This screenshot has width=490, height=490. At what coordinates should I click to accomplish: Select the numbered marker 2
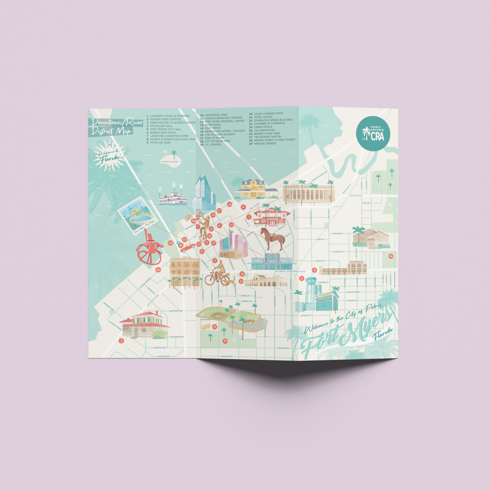(x=122, y=341)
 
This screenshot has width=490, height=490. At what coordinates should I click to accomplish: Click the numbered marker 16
(x=391, y=256)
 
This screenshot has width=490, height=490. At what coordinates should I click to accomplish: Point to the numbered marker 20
(x=158, y=270)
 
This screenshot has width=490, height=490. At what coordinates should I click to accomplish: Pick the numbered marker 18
(x=225, y=341)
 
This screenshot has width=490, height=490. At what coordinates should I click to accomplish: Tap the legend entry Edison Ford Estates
(x=165, y=119)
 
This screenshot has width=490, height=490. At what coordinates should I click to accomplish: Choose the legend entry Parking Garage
(x=265, y=143)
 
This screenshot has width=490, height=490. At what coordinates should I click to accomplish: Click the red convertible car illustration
(x=188, y=247)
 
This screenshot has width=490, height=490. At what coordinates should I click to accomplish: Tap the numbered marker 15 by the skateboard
(x=215, y=327)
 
